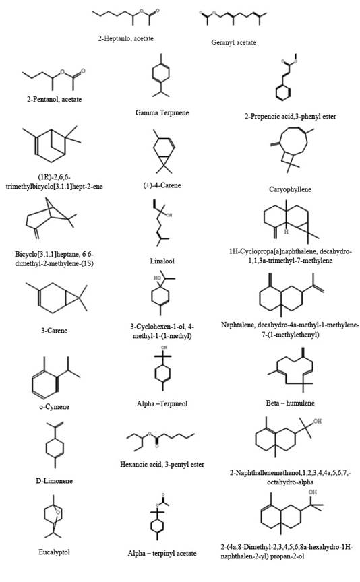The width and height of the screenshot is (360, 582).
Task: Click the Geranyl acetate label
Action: (x=233, y=42)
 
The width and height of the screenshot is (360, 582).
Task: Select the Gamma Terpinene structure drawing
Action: (x=161, y=75)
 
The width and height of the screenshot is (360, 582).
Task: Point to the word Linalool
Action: (x=162, y=261)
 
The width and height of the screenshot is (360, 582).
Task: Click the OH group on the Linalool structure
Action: (x=169, y=215)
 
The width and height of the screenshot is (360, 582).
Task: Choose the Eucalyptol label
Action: (x=54, y=552)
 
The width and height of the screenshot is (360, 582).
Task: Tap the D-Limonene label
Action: (x=54, y=481)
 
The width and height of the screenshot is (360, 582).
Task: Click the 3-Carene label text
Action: (x=54, y=331)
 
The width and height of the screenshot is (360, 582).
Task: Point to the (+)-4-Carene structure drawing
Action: (x=163, y=152)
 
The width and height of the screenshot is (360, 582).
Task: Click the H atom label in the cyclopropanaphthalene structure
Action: (x=286, y=232)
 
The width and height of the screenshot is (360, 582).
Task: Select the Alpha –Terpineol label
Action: (x=162, y=404)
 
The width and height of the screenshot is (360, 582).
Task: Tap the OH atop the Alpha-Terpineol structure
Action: (x=164, y=348)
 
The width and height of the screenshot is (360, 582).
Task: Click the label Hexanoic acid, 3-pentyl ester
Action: (x=162, y=464)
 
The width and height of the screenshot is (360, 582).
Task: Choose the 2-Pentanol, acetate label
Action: (x=54, y=100)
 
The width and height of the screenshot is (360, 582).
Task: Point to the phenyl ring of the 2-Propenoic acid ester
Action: (x=283, y=93)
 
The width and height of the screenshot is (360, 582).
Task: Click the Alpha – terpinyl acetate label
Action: (x=162, y=554)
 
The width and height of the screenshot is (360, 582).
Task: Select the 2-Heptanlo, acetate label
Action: (x=125, y=38)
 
